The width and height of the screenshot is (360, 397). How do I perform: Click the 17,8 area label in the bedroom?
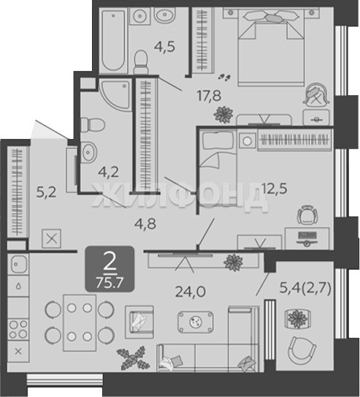pos(209,96)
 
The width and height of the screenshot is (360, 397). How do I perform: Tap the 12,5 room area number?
pos(275,189)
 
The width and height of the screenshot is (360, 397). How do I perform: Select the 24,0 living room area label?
pos(191,292)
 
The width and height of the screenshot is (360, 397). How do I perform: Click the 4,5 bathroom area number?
pos(164,47)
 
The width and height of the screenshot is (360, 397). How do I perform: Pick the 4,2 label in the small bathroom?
pos(109,172)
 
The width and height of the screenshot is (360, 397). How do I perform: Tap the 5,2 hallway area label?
pos(46,192)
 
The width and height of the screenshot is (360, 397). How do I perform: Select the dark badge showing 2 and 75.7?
pos(110,269)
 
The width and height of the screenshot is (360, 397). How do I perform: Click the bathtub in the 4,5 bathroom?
pos(113,39)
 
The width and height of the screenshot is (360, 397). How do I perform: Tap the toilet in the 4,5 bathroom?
pos(140,62)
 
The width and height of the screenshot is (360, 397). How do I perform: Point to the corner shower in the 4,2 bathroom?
pos(116,94)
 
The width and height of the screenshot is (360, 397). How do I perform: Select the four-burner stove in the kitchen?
pos(18,329)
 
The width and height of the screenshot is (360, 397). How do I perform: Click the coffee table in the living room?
pos(195,322)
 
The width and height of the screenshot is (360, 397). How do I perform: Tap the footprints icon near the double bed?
pos(224,77)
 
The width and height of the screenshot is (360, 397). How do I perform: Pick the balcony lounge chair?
pos(302,351)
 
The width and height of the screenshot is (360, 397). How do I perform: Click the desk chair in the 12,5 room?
pos(307,215)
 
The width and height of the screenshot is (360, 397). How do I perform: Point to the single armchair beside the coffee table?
pos(139,322)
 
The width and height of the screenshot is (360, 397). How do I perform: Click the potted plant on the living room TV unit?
pos(233,262)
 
